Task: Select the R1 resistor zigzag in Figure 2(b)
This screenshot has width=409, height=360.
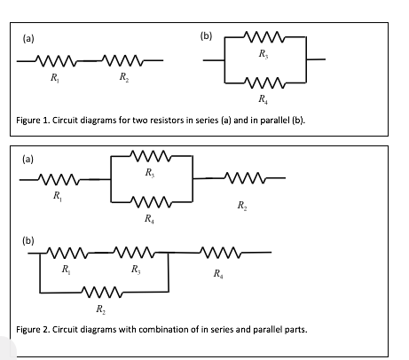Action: pyautogui.click(x=66, y=252)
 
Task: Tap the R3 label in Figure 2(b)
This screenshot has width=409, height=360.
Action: pyautogui.click(x=135, y=269)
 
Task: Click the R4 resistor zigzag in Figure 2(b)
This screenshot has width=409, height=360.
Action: pyautogui.click(x=217, y=252)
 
